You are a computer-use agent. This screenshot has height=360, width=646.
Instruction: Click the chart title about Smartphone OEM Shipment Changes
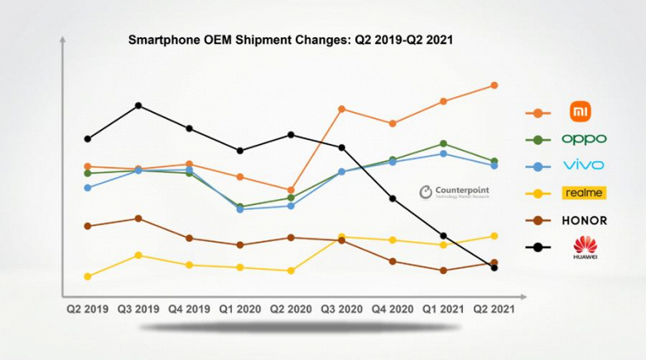pos(290,39)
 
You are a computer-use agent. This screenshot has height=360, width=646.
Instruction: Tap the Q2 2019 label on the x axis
pos(88,309)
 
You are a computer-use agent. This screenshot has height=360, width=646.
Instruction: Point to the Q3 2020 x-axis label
pos(340,309)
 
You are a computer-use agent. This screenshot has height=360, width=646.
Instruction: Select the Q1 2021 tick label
pos(443,309)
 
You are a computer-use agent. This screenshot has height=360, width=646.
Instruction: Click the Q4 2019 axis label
pos(190,309)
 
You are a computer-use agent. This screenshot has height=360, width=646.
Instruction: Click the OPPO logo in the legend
pos(584,139)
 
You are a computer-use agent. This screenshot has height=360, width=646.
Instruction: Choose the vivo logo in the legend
pos(584,166)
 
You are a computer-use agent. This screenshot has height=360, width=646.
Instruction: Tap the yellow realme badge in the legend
pos(584,193)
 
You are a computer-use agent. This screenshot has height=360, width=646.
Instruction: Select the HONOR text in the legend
pos(584,220)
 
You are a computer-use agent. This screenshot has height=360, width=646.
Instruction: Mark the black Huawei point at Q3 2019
pos(138,105)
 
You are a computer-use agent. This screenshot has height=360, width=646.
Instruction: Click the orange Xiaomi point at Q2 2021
pos(494,85)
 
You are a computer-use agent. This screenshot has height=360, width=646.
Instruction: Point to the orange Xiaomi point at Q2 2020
pos(291,190)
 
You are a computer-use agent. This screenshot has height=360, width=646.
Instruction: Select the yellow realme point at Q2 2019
pos(88,276)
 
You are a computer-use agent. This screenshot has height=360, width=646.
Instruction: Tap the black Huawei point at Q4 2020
pos(393,199)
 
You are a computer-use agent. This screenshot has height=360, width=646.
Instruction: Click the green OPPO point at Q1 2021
pos(444,144)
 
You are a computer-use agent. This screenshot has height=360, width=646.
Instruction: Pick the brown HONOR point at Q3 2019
pos(138,218)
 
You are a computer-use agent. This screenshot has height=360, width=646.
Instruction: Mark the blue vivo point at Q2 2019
pos(88,187)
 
